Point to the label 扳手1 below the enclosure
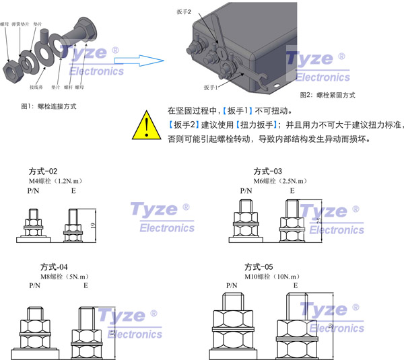point(212,87)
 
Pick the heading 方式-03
point(267,171)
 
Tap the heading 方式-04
point(44,266)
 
